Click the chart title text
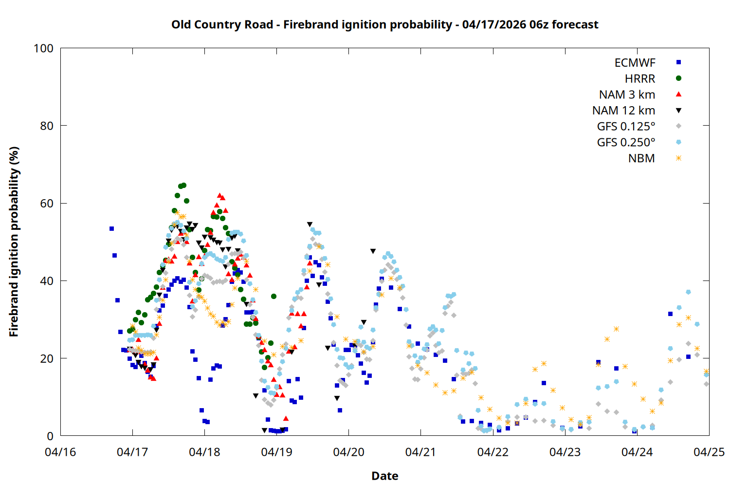pyautogui.click(x=384, y=24)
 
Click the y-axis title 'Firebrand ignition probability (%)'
pyautogui.click(x=14, y=242)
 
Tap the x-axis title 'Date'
pyautogui.click(x=384, y=476)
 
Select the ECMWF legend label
pyautogui.click(x=635, y=63)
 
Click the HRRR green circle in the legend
pyautogui.click(x=678, y=78)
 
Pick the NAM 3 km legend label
pyautogui.click(x=627, y=94)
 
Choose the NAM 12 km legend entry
pyautogui.click(x=623, y=111)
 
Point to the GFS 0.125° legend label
pyautogui.click(x=626, y=127)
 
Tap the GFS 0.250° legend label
pyautogui.click(x=626, y=142)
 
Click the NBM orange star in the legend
pyautogui.click(x=678, y=158)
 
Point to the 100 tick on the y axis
pyautogui.click(x=43, y=48)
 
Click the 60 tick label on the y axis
pyautogui.click(x=47, y=203)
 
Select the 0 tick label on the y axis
pyautogui.click(x=50, y=436)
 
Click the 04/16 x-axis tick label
pyautogui.click(x=60, y=452)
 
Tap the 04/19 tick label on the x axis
pyautogui.click(x=276, y=452)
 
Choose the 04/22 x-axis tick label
pyautogui.click(x=493, y=452)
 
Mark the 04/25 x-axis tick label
pyautogui.click(x=709, y=452)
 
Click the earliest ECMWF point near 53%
pyautogui.click(x=111, y=228)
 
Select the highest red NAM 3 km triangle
pyautogui.click(x=219, y=195)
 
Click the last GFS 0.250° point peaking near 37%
pyautogui.click(x=688, y=292)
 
